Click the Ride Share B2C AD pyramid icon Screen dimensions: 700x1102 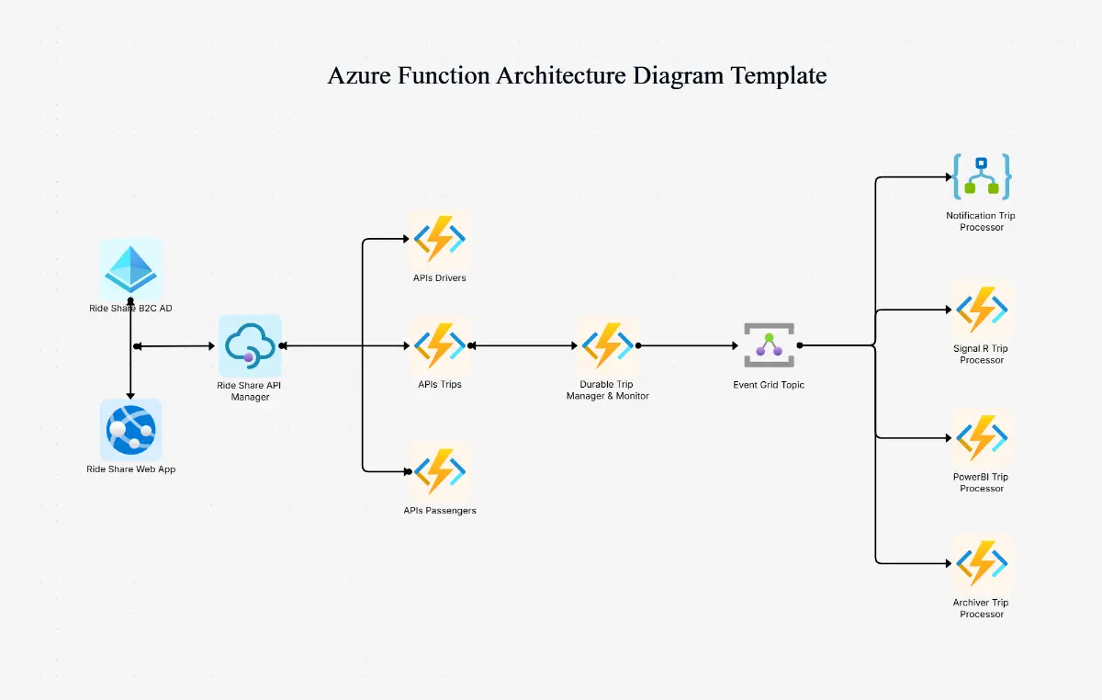point(130,269)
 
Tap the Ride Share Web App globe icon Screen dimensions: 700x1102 point(130,429)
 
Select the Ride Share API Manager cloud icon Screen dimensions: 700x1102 point(250,345)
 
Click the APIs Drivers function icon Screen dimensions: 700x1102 point(439,239)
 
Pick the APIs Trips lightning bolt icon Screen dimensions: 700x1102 point(439,346)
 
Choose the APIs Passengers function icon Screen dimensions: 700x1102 point(439,471)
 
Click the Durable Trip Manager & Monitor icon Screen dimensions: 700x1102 point(607,346)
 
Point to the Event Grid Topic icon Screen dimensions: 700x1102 point(769,345)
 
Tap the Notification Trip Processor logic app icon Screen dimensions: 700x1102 point(981,177)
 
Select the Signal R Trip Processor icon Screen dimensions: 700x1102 point(981,310)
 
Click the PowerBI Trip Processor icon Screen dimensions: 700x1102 point(981,438)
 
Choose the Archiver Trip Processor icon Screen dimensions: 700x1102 point(981,563)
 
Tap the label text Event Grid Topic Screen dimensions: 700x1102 point(769,385)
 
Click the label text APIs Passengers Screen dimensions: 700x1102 point(439,511)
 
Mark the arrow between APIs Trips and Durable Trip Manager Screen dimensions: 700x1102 point(523,346)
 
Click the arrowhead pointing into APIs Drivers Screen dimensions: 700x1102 point(404,240)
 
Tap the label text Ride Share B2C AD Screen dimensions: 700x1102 point(130,309)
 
